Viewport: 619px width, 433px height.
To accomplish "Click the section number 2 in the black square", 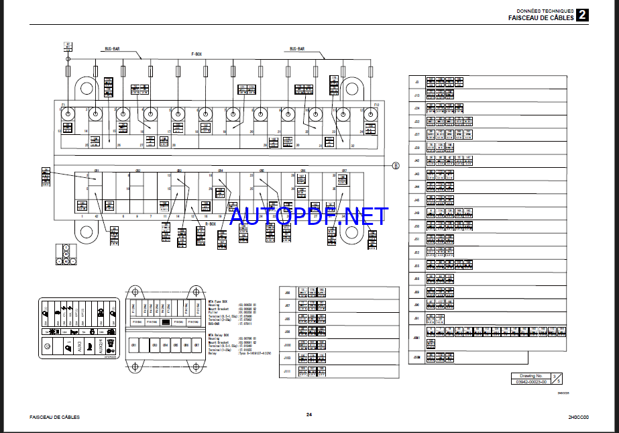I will (x=583, y=15).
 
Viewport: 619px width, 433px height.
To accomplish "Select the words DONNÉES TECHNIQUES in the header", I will (x=545, y=11).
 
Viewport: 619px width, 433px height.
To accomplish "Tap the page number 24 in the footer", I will (x=309, y=414).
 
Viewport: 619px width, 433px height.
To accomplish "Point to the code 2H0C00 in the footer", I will (x=577, y=417).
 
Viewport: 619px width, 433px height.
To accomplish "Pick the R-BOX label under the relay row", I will (x=211, y=224).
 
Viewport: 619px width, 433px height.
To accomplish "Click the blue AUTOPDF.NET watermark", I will (x=308, y=216).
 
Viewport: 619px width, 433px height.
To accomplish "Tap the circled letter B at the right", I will (x=396, y=165).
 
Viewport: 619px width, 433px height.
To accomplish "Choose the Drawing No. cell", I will (x=526, y=376).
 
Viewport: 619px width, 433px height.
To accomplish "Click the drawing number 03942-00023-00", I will (x=530, y=381).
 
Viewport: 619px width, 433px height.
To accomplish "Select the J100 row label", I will (x=287, y=344).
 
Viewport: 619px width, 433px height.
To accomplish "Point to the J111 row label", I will (x=287, y=370).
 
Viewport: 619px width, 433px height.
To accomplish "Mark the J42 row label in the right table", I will (x=416, y=161).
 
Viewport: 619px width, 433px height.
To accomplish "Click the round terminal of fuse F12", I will (x=370, y=114).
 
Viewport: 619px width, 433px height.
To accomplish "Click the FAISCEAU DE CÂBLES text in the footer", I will (x=54, y=417).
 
